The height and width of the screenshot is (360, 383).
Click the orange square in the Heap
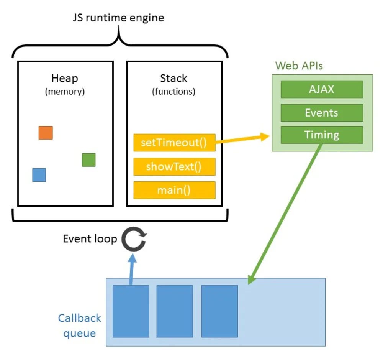coord(46,133)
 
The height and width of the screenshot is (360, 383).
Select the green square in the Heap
coord(88,160)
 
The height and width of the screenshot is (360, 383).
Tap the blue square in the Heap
coord(39,175)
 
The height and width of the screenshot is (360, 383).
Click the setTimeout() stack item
coord(174,143)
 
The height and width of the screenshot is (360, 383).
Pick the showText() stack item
coord(174,167)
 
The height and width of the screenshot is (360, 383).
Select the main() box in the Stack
coord(174,190)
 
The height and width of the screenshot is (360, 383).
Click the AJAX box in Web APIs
coord(322,89)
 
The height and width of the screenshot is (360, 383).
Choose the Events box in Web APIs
coord(322,113)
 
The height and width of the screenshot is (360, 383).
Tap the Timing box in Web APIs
coord(322,135)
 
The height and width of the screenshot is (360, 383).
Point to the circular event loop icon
coord(134,240)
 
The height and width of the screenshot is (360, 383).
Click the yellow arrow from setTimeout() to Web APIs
coord(241,139)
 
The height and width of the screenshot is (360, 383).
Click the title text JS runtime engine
coord(119,18)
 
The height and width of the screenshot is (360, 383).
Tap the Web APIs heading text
coord(299,66)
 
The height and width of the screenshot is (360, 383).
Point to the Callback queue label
coord(80,325)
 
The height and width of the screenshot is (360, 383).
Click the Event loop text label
coord(90,239)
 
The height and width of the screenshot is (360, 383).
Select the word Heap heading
coord(65,78)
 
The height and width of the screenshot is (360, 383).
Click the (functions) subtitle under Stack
coord(173,92)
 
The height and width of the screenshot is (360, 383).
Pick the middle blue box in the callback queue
coord(175,311)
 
